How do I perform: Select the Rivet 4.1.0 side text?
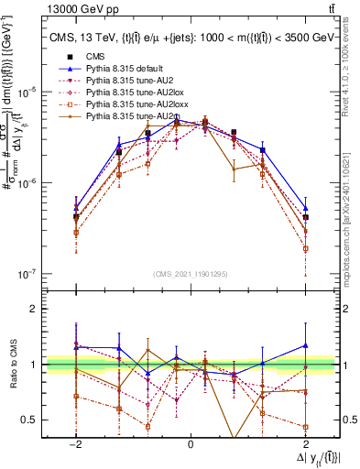pyautogui.click(x=351, y=82)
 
